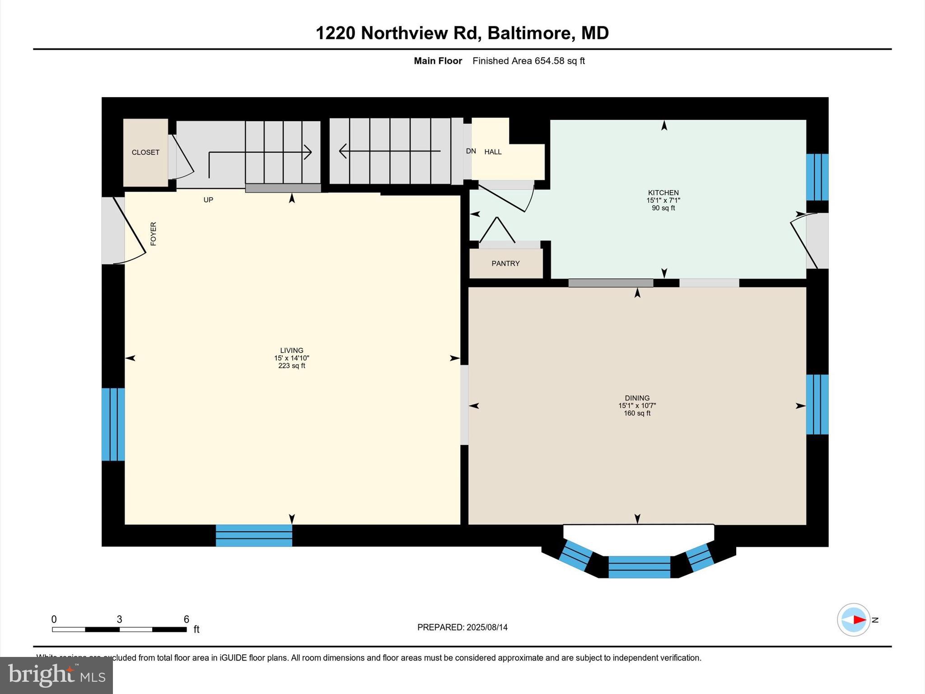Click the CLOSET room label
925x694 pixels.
coord(145,153)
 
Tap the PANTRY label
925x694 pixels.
coord(505,263)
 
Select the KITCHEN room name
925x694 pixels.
coord(663,193)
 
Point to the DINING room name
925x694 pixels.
coord(637,398)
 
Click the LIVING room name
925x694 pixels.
coord(291,350)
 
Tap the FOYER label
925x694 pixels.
coord(154,234)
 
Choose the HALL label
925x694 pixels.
coord(493,152)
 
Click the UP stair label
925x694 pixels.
coord(208,200)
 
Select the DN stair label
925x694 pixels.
coord(471,151)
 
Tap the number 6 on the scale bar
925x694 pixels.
coord(186,619)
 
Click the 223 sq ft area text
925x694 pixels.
coord(291,366)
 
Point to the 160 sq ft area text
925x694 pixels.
coord(637,413)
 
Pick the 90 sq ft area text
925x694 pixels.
coord(663,208)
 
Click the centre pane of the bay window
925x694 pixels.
coord(639,567)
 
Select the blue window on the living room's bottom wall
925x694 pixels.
coord(254,535)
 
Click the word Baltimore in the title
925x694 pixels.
coord(531,33)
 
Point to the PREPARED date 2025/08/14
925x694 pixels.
coord(487,627)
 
